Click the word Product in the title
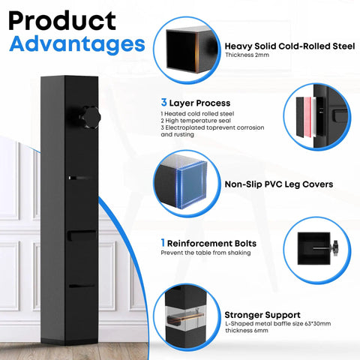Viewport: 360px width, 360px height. (x=62, y=21)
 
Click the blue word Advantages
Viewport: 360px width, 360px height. (x=77, y=44)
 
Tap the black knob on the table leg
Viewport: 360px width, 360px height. (x=90, y=117)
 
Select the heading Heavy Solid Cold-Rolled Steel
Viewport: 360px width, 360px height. (x=289, y=46)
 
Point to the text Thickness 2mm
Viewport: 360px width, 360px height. (x=247, y=55)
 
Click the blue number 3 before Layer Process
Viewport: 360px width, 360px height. (x=163, y=102)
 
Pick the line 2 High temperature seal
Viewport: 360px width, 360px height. (x=196, y=121)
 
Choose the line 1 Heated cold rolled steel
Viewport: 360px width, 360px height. (x=197, y=114)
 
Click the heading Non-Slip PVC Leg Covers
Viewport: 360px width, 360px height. (x=279, y=184)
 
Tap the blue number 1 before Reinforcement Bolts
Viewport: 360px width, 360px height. (x=163, y=242)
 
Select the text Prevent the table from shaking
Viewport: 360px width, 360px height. (x=205, y=253)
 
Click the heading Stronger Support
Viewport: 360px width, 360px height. (x=262, y=315)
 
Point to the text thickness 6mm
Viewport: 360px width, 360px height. (x=247, y=331)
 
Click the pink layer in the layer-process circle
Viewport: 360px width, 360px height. (x=307, y=117)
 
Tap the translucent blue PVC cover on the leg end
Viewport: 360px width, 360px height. (x=192, y=184)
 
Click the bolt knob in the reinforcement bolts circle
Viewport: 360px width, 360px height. (x=335, y=248)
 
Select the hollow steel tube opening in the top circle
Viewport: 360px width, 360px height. (x=181, y=51)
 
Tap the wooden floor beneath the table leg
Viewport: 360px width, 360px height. (x=74, y=352)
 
